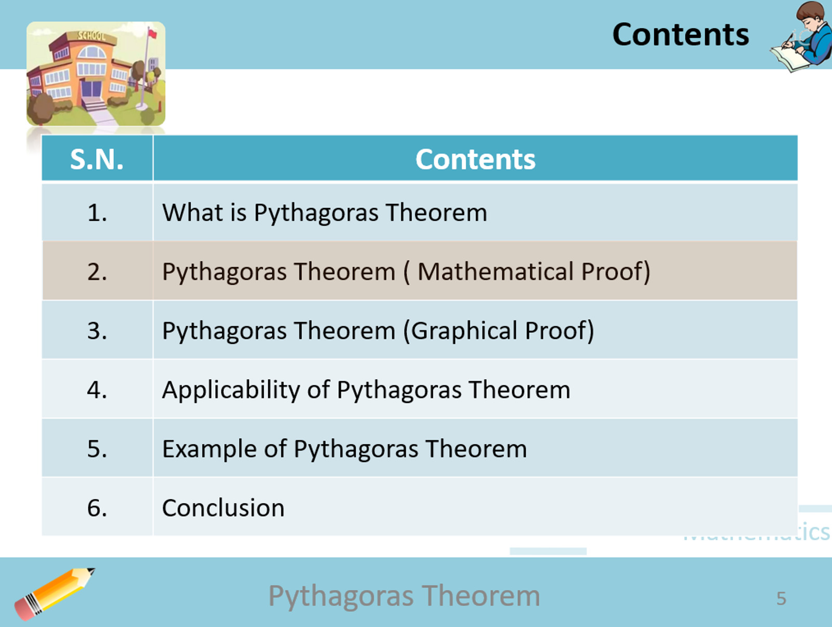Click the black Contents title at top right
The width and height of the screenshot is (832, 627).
680,34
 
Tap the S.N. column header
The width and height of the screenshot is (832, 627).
97,159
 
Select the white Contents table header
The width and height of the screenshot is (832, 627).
475,159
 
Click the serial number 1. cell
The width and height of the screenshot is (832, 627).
97,213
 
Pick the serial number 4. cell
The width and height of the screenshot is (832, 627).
97,390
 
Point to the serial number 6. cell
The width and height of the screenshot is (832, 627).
97,508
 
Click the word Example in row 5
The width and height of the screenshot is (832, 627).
209,449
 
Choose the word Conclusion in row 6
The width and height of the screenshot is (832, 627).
223,508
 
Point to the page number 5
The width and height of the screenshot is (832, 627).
781,598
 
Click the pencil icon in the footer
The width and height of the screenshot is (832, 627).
55,594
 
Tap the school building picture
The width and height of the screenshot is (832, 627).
96,73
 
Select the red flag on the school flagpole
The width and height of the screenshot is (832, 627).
152,34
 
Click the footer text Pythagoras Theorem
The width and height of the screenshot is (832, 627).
404,595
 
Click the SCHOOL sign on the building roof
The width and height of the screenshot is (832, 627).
91,35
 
